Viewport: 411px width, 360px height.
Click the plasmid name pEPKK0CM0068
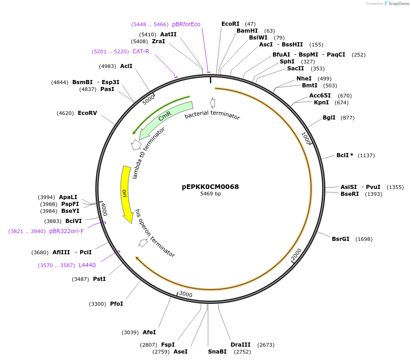[x=210, y=187]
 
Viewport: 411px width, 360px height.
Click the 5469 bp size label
[x=210, y=194]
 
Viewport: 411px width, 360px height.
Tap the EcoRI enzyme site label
[x=230, y=24]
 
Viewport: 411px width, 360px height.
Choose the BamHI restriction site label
[x=247, y=31]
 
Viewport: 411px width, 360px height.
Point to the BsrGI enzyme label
[x=341, y=239]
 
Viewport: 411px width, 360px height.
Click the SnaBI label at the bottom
[x=217, y=352]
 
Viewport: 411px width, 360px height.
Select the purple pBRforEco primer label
[x=186, y=24]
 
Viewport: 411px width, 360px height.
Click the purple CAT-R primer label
[x=141, y=51]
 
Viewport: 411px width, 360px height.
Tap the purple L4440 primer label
[x=87, y=265]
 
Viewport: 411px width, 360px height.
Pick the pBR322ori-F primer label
[x=66, y=231]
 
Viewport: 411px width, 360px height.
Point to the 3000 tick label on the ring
[x=185, y=294]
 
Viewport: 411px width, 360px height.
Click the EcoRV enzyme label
[x=87, y=113]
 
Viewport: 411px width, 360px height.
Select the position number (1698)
[x=364, y=239]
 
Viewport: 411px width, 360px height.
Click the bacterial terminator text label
[x=212, y=116]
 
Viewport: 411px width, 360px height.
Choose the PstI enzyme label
[x=99, y=279]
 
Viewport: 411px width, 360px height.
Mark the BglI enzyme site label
[x=329, y=118]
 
